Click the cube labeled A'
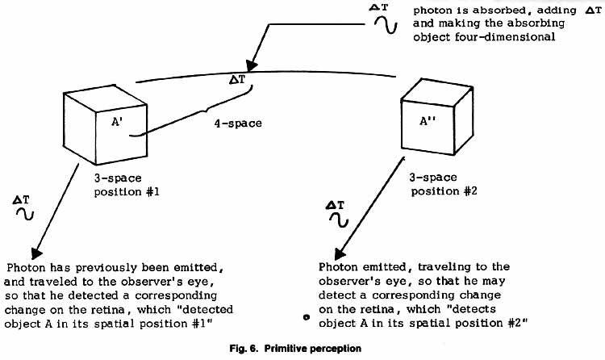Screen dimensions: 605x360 pos(105,124)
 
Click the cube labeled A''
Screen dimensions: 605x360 pos(437,117)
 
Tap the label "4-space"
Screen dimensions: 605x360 pos(238,123)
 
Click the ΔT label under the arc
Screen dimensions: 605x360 pos(237,80)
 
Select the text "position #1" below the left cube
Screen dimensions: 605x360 pos(127,192)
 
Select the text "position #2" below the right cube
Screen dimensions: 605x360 pos(444,191)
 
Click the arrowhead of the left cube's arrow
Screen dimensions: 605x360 pos(36,253)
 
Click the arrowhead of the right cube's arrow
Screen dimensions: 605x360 pos(339,253)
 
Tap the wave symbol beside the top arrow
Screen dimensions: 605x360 pos(385,25)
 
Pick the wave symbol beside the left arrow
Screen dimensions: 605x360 pos(25,214)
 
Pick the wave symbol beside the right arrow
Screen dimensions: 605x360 pos(339,220)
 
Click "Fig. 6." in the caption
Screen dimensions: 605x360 pos(243,349)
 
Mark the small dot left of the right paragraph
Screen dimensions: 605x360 pos(307,317)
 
